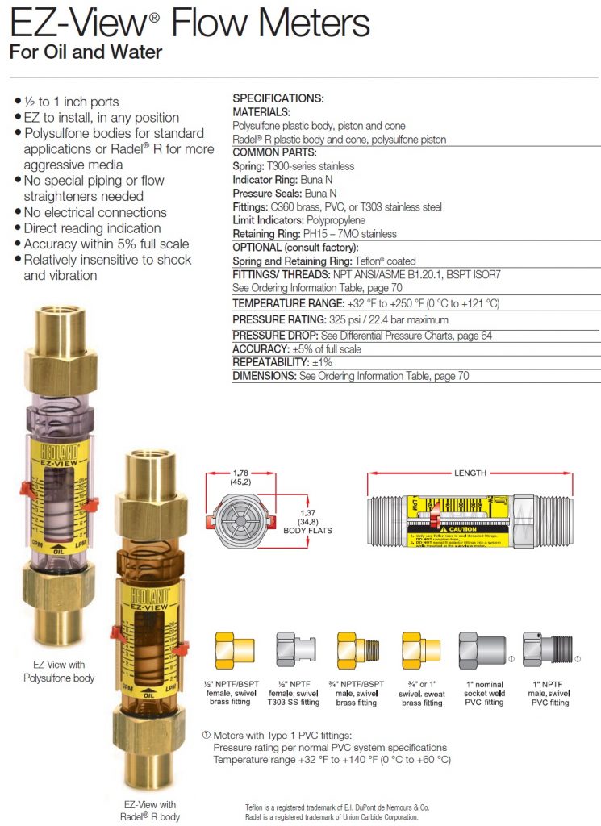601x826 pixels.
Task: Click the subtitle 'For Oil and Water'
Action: coord(86,53)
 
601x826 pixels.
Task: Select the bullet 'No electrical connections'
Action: coord(95,212)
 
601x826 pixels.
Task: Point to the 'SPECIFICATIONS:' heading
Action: coord(278,98)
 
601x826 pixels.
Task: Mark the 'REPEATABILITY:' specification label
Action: coord(270,363)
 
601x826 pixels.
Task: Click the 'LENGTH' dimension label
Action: coord(470,473)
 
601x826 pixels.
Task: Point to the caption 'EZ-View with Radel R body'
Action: coord(149,810)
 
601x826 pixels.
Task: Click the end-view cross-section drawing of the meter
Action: coord(240,519)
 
